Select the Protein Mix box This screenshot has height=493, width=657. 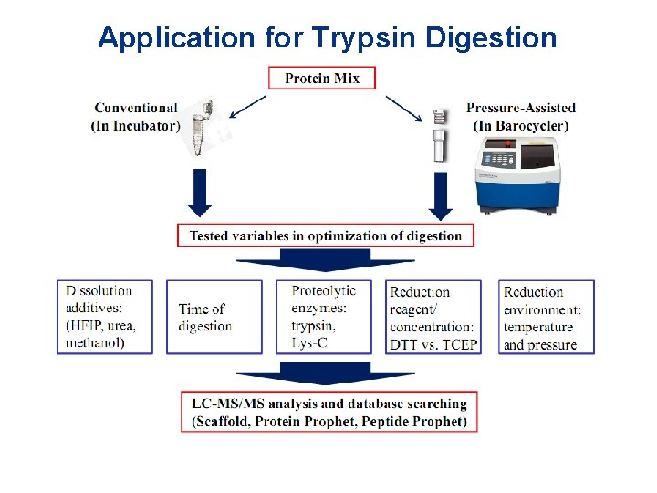click(x=322, y=78)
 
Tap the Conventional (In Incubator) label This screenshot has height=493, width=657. click(x=135, y=117)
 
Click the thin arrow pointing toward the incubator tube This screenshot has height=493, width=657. click(x=246, y=107)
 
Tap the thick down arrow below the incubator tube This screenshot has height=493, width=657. click(x=200, y=194)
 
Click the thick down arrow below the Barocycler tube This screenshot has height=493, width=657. click(x=442, y=194)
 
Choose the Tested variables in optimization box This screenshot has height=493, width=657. click(x=326, y=236)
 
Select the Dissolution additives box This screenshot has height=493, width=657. click(x=105, y=317)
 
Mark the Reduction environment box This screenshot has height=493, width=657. click(x=546, y=317)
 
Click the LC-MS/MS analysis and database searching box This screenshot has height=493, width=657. click(x=329, y=412)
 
